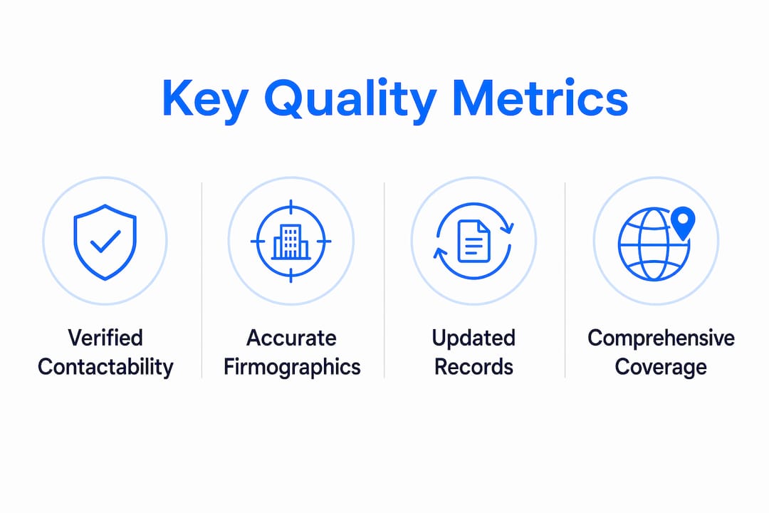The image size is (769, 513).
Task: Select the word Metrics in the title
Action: coord(540,98)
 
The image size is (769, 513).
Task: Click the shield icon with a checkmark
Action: coord(105,242)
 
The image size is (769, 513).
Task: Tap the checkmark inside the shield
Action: coord(105,241)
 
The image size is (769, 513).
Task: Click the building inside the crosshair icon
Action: coord(291,242)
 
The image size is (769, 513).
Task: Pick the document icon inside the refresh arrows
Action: coord(474,241)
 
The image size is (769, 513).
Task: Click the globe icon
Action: coord(654,244)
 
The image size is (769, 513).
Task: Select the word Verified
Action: coord(105,338)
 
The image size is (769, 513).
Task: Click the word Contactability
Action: coord(105,367)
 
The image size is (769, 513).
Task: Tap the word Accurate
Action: coord(291,338)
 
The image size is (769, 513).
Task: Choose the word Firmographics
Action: coord(292,367)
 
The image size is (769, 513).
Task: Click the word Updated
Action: coord(474,338)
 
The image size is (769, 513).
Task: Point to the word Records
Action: coord(474,367)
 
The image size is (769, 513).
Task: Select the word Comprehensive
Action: coord(661,338)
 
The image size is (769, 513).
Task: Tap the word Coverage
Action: coord(661,367)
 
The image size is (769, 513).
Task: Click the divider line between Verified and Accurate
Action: coord(202,280)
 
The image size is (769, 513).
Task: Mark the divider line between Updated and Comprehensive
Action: coord(565,280)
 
